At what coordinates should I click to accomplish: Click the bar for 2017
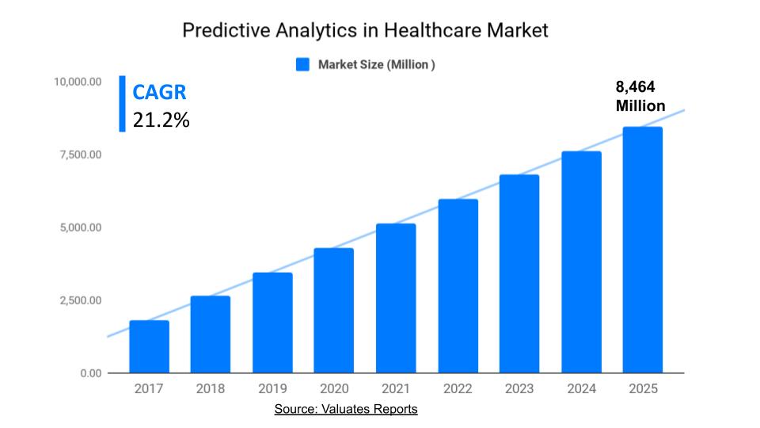[149, 346]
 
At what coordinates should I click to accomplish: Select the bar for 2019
[272, 323]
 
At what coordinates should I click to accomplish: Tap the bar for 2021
[396, 298]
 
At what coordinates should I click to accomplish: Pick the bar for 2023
[519, 273]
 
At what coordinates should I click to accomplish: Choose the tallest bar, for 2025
[642, 250]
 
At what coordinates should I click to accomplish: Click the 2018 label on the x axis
[211, 388]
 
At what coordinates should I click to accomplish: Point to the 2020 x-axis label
[334, 388]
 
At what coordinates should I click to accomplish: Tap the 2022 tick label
[458, 388]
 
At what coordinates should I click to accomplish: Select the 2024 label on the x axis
[580, 388]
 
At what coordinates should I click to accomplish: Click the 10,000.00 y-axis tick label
[78, 82]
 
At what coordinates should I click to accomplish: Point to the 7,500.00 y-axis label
[80, 155]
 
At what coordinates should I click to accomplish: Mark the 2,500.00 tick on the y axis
[80, 300]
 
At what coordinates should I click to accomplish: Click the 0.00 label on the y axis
[90, 373]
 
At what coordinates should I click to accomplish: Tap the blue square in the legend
[302, 65]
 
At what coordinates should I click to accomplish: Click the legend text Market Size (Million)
[376, 65]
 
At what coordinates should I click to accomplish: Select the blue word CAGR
[159, 92]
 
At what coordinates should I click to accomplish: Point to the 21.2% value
[161, 120]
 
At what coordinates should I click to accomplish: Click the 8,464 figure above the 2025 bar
[636, 87]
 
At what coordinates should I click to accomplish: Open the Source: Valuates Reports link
[346, 409]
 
